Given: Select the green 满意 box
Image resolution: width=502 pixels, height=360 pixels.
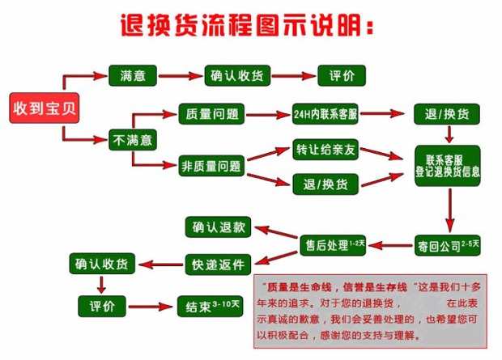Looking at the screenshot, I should [x=131, y=75].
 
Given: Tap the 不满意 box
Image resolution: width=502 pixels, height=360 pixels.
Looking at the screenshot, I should [x=131, y=139].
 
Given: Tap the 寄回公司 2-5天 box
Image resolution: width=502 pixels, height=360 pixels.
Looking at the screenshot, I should [x=449, y=243].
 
